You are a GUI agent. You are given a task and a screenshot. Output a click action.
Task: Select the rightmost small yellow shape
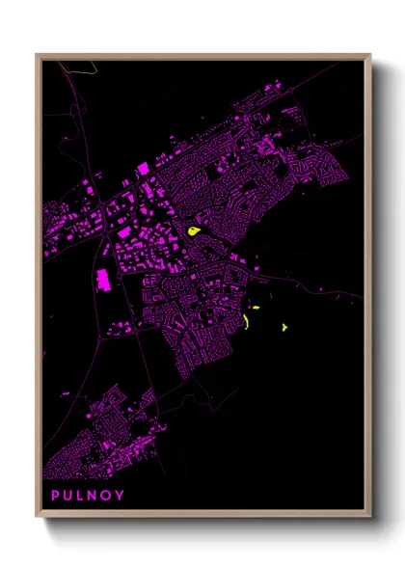click(284, 327)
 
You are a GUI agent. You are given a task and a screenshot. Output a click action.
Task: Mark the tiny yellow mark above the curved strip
click(256, 308)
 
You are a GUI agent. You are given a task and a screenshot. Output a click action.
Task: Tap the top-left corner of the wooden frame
click(38, 55)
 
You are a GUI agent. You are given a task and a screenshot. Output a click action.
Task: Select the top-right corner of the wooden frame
click(370, 55)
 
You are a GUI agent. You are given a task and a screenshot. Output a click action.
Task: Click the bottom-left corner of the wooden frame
click(38, 518)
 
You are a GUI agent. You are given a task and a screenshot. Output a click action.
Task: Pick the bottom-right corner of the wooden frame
click(370, 518)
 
